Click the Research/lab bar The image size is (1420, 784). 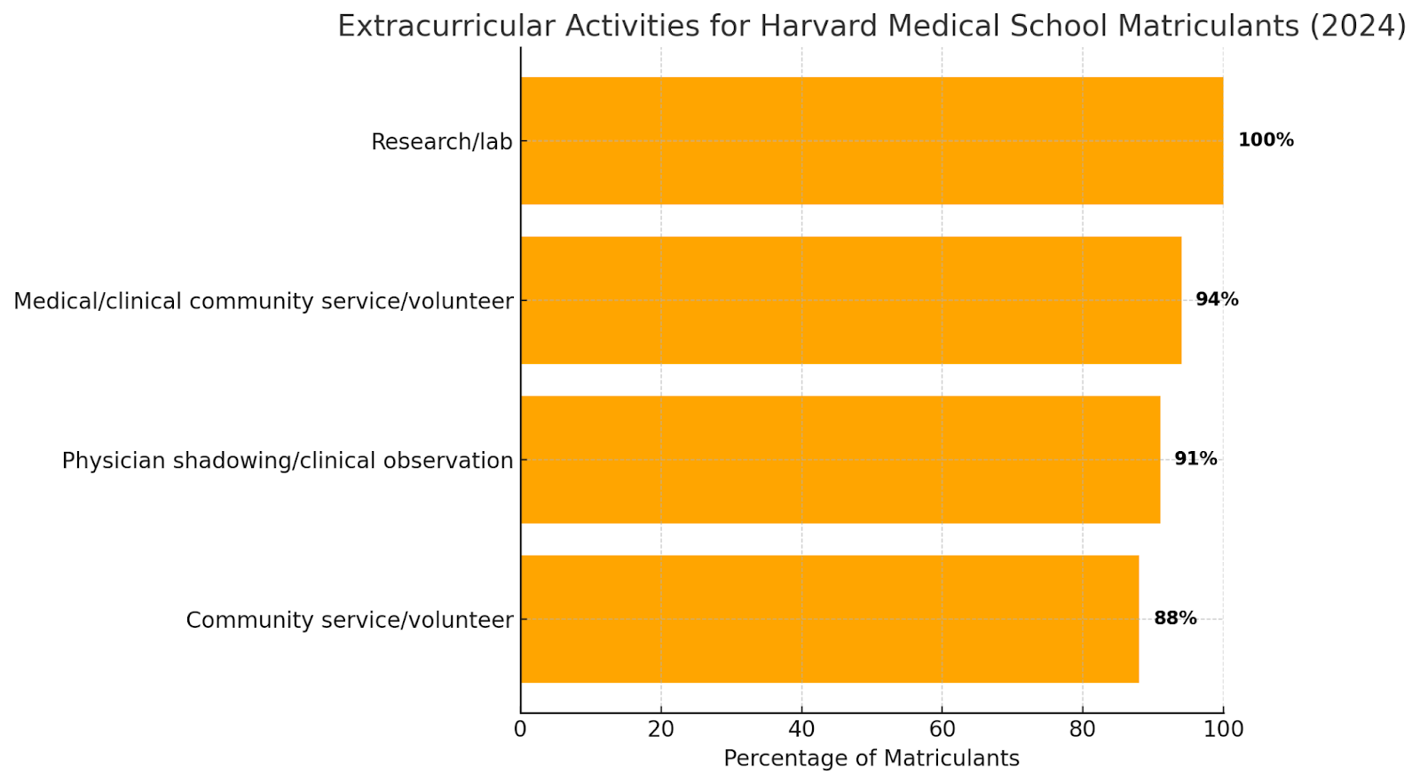[872, 140]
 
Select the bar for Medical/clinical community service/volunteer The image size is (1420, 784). [850, 300]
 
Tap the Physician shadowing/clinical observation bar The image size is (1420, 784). [840, 459]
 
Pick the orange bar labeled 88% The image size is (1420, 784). [829, 619]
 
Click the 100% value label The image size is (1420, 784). [1266, 140]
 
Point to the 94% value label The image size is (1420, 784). [1217, 300]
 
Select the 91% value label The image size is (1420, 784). [1195, 459]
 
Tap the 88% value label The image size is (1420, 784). [1175, 619]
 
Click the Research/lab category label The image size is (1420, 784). [441, 142]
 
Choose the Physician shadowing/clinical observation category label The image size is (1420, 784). [288, 461]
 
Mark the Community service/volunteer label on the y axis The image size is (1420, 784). [349, 620]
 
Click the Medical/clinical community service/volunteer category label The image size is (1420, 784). [264, 301]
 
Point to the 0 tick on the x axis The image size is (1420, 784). [520, 730]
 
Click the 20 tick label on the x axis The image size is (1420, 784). [660, 730]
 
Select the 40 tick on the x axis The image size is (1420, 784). [801, 730]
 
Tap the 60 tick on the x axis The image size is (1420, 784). [942, 730]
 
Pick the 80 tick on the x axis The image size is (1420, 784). [1082, 730]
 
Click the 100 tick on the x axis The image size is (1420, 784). [1223, 730]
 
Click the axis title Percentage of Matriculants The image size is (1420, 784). [871, 758]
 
